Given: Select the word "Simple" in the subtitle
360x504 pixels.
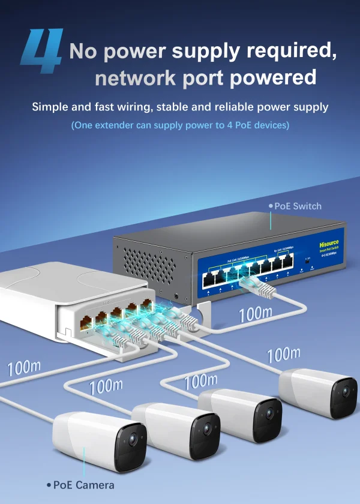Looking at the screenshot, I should click(51, 107).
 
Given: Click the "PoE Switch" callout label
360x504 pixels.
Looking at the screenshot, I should click(297, 206).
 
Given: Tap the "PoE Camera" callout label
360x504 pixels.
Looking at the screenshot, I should click(83, 485).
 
